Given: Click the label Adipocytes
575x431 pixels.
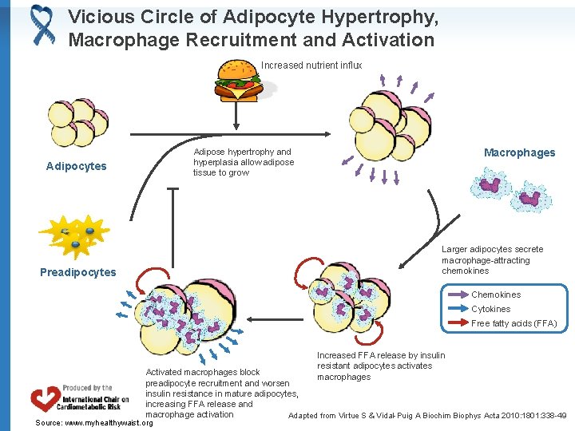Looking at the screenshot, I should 76,166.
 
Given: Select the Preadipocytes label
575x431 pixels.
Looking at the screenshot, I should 77,272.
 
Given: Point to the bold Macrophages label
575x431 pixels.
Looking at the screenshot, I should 519,152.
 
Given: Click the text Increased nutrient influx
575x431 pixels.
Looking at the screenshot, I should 311,65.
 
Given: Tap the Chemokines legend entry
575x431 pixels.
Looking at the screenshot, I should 496,295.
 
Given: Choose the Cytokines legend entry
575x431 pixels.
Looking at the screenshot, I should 490,309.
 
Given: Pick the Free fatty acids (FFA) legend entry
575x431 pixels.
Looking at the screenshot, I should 514,323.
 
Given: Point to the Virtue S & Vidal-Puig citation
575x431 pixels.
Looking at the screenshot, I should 427,415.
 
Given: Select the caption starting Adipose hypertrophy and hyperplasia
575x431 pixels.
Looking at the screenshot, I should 243,162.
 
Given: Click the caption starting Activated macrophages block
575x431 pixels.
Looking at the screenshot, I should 221,393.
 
